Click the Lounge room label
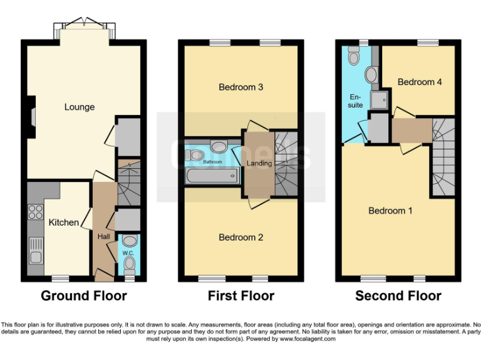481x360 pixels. point(80,107)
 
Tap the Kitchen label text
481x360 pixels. point(64,222)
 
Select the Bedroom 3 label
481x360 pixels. point(240,87)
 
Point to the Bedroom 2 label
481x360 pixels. point(240,237)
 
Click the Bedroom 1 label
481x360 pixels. point(390,211)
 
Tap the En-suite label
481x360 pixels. point(356,101)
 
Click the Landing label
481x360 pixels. point(259,164)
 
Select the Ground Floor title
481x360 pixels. point(84,296)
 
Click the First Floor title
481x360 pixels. point(241,296)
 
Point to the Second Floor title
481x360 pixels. point(398,296)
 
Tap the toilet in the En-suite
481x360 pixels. point(354,58)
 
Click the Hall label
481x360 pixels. point(103,237)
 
